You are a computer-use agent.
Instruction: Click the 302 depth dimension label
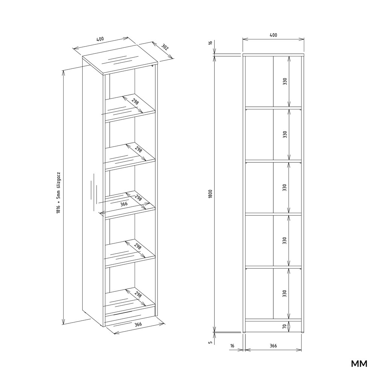tap(165, 47)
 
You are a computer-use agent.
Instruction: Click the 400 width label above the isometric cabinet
tap(100, 39)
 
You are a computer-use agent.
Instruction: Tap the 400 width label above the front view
tap(273, 35)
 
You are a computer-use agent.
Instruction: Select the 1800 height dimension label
tap(210, 194)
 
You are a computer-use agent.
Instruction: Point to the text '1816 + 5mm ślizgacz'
tap(59, 193)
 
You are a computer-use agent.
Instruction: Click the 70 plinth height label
tap(284, 326)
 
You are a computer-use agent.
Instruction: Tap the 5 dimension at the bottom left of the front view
tap(211, 343)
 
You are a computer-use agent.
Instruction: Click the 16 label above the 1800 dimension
tap(210, 43)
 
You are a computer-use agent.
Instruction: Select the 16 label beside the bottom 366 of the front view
tap(232, 346)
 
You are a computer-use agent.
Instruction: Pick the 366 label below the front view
tap(273, 346)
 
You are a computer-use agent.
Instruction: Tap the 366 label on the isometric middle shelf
tap(124, 204)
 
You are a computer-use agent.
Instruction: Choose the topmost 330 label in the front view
tap(285, 82)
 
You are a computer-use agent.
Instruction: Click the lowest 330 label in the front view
tap(284, 294)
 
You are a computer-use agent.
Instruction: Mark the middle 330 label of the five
tap(284, 188)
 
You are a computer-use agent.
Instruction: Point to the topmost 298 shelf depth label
tap(135, 102)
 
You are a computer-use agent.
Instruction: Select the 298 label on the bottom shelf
tap(138, 295)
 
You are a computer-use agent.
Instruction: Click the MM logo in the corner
tap(359, 364)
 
